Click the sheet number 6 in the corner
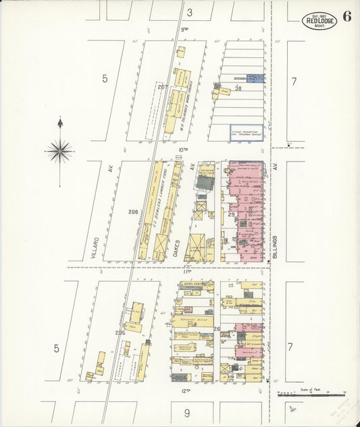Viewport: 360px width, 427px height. [346, 18]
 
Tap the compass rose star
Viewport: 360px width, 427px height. [59, 151]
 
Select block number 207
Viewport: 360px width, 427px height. [162, 86]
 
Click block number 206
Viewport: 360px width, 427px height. [133, 211]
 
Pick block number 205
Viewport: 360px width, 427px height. [120, 332]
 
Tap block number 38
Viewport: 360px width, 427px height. [238, 89]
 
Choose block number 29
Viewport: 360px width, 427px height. [230, 214]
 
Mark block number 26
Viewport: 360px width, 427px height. [217, 329]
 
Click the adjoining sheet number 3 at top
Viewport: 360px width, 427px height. [190, 12]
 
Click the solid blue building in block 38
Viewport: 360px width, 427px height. [254, 78]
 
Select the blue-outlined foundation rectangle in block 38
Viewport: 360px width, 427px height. [245, 132]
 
